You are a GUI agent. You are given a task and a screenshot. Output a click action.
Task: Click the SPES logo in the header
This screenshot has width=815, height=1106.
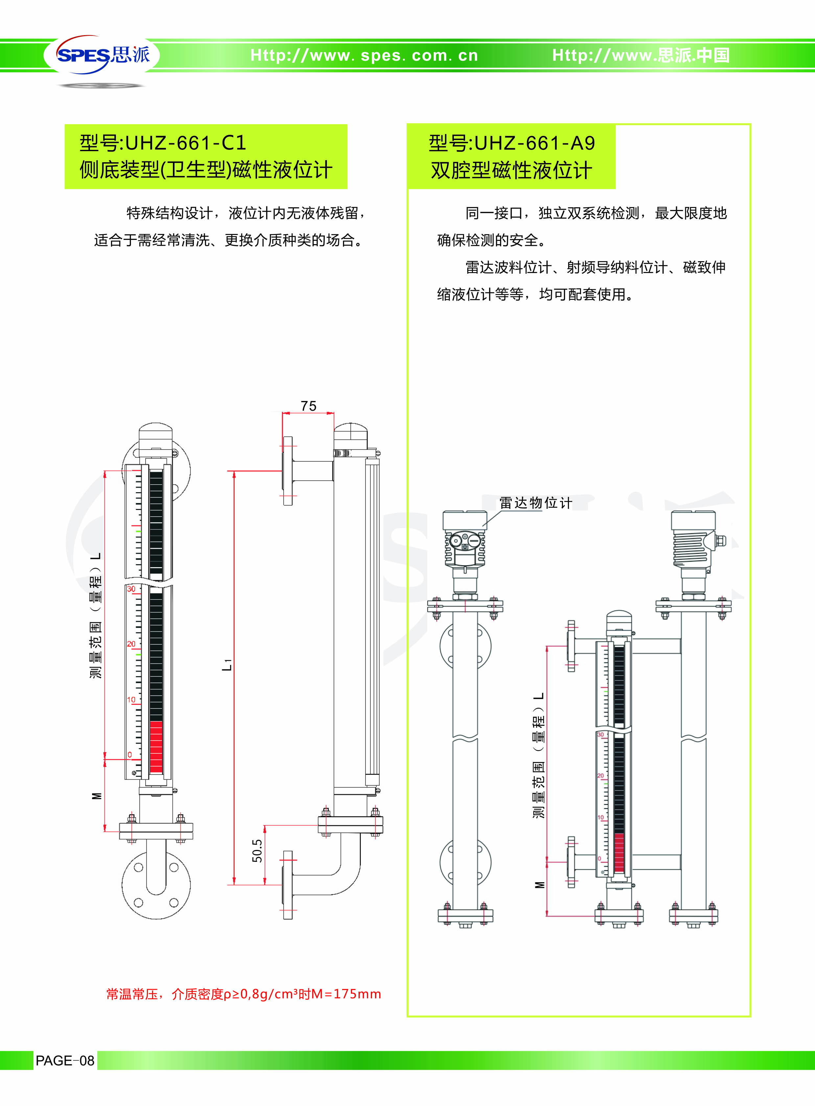[x=103, y=55]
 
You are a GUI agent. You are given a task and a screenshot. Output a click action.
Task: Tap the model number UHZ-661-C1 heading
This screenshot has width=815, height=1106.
[x=163, y=143]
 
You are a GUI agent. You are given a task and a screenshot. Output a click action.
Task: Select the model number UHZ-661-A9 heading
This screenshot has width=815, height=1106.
[x=512, y=143]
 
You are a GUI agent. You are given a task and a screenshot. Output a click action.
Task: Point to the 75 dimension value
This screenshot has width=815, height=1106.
[x=308, y=406]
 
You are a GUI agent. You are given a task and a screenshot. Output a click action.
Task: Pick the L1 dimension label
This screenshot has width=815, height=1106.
[x=227, y=664]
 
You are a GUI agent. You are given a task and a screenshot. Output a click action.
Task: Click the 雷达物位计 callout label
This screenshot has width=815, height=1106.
[x=535, y=503]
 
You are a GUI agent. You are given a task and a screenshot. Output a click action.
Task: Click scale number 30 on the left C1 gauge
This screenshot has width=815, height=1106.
[x=131, y=589]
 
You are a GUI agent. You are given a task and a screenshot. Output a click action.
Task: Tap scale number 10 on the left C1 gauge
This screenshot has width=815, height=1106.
[x=131, y=700]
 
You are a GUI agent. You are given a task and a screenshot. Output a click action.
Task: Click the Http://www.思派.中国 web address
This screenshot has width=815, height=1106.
[x=640, y=55]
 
